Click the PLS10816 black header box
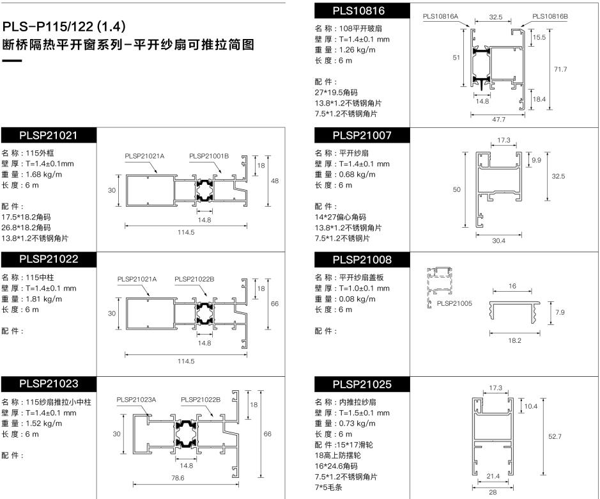[362, 11]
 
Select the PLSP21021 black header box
[49, 135]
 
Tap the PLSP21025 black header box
[362, 384]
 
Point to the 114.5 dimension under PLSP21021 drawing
[186, 232]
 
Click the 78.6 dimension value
[178, 478]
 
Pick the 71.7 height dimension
[560, 69]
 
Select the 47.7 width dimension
[498, 120]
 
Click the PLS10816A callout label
[440, 17]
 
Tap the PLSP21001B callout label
[209, 156]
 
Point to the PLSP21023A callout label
[136, 400]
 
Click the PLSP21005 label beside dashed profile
[454, 303]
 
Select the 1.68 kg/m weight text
[43, 175]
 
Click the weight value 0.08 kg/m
[357, 299]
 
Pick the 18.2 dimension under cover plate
[514, 340]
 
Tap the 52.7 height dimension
[555, 436]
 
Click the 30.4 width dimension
[498, 241]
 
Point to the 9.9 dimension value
[537, 160]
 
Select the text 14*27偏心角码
[341, 217]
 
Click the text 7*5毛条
[328, 487]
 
